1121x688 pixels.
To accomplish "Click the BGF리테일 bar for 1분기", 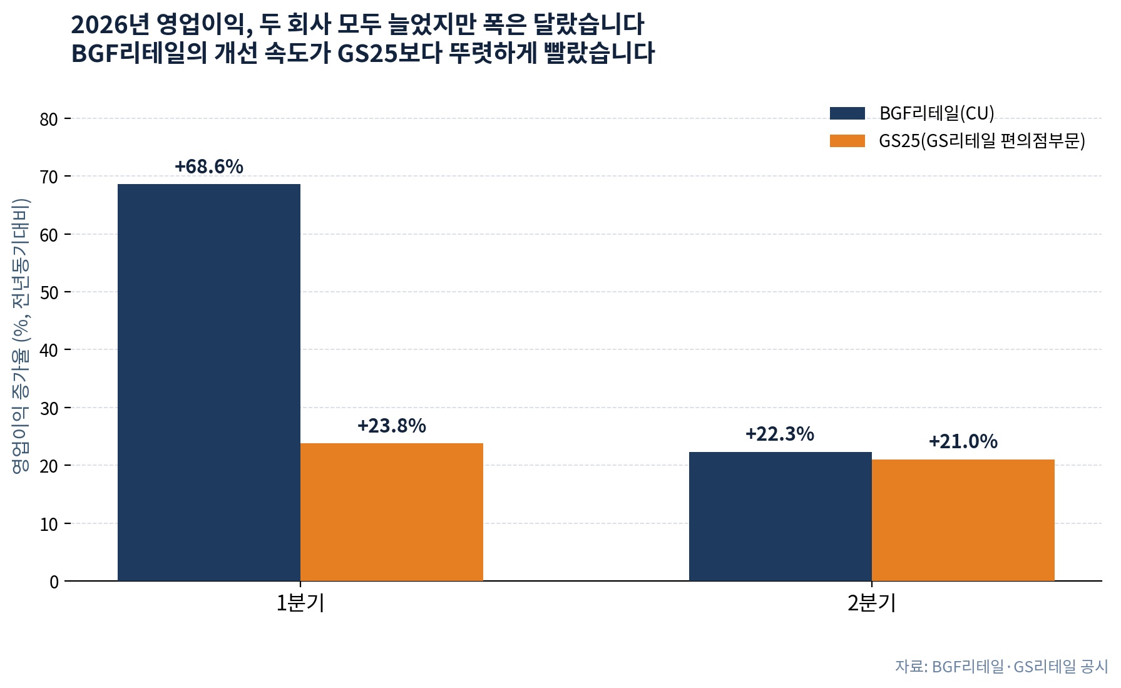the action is pyautogui.click(x=209, y=383).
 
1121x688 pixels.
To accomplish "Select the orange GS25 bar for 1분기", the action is pyautogui.click(x=392, y=512).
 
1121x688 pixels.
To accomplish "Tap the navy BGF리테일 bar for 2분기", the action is pyautogui.click(x=781, y=516).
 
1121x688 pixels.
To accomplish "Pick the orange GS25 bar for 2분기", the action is pyautogui.click(x=963, y=520).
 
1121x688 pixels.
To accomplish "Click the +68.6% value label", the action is pyautogui.click(x=209, y=167).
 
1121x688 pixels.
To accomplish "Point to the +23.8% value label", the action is pyautogui.click(x=392, y=426).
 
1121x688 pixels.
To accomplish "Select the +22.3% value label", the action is pyautogui.click(x=780, y=434).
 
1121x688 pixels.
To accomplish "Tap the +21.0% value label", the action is pyautogui.click(x=963, y=441).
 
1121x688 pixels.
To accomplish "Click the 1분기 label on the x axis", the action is pyautogui.click(x=300, y=603).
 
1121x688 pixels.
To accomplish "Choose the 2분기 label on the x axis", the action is pyautogui.click(x=872, y=603).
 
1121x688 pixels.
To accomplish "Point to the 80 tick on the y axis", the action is pyautogui.click(x=49, y=119).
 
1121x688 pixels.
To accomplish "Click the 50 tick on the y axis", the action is pyautogui.click(x=49, y=292).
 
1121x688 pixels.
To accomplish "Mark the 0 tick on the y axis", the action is pyautogui.click(x=54, y=582).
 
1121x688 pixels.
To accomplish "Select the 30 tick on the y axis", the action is pyautogui.click(x=49, y=408).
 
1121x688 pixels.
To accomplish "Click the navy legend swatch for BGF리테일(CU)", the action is pyautogui.click(x=847, y=113).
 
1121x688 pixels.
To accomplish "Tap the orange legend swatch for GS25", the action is pyautogui.click(x=847, y=141).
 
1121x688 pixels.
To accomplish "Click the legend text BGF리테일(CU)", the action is pyautogui.click(x=937, y=113).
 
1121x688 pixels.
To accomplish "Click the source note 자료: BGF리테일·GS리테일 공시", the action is pyautogui.click(x=1001, y=667).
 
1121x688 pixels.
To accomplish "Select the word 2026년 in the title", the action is pyautogui.click(x=110, y=25).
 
